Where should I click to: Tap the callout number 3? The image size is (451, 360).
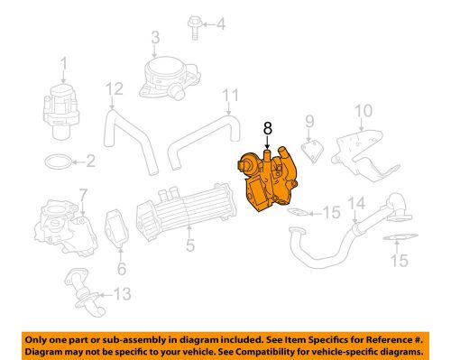(154, 37)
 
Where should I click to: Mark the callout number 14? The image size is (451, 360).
(356, 202)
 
